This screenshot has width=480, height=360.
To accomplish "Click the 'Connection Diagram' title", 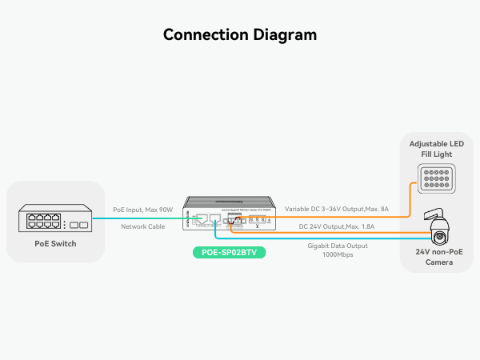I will [240, 35].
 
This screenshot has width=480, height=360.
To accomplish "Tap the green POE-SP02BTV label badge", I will [229, 253].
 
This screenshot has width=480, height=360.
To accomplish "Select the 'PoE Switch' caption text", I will [56, 243].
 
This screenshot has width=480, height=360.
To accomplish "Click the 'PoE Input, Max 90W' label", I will [143, 210].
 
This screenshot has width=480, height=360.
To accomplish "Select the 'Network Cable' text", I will [143, 227].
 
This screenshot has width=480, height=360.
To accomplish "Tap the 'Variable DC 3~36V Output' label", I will [337, 210].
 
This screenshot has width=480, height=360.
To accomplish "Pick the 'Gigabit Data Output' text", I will [337, 246].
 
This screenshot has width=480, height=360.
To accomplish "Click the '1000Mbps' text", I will [337, 255].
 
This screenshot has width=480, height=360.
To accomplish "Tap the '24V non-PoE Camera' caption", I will [439, 258].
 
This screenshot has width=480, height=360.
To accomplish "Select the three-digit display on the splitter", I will [258, 218].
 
